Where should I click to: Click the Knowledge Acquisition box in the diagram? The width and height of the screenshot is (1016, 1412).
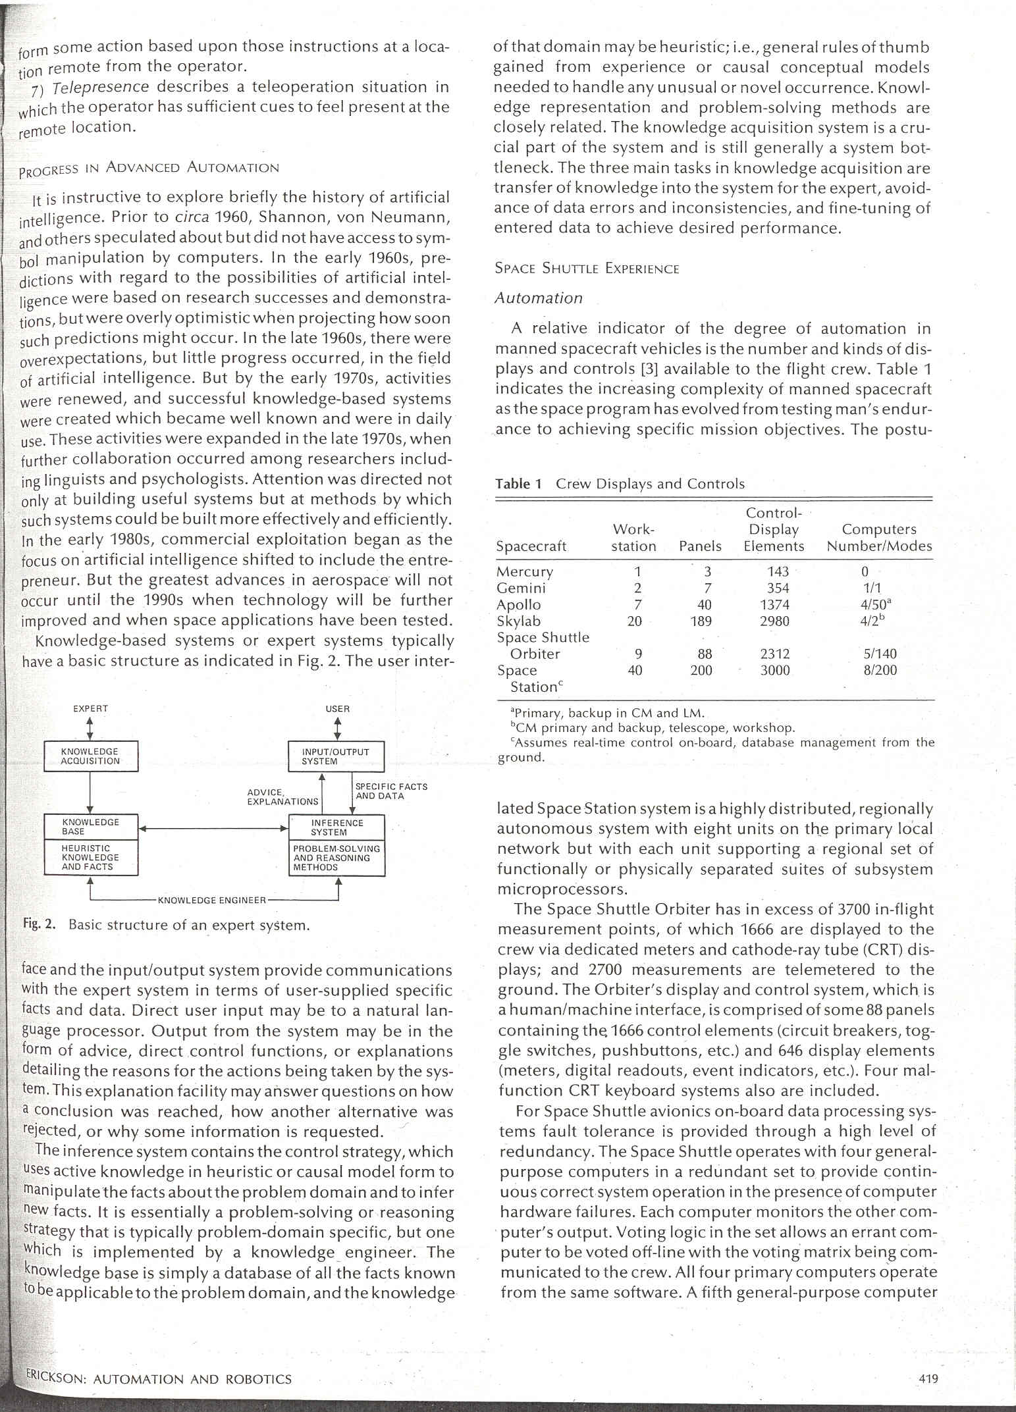90,756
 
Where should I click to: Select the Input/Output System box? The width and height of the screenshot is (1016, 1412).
336,756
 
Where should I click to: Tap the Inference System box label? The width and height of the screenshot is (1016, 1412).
336,827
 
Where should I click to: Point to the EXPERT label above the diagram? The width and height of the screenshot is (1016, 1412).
90,709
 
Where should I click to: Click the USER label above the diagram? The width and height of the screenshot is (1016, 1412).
337,709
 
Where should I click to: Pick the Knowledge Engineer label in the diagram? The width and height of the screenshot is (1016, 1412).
212,900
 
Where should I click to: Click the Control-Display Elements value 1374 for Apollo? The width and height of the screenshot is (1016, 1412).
774,604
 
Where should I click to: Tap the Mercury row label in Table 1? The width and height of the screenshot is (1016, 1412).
524,571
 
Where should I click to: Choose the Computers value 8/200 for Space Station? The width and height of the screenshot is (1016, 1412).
879,670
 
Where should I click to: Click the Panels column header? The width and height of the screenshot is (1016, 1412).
700,546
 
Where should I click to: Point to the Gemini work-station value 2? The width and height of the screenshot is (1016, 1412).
637,588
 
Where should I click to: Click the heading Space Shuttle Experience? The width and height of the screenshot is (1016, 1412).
586,269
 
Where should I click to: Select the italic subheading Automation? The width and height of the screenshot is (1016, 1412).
538,298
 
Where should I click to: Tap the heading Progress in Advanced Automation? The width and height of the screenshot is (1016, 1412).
149,168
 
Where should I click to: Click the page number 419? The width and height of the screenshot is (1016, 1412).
928,1378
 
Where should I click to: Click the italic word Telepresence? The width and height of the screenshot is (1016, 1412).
100,87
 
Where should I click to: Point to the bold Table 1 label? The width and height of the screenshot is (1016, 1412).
518,484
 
